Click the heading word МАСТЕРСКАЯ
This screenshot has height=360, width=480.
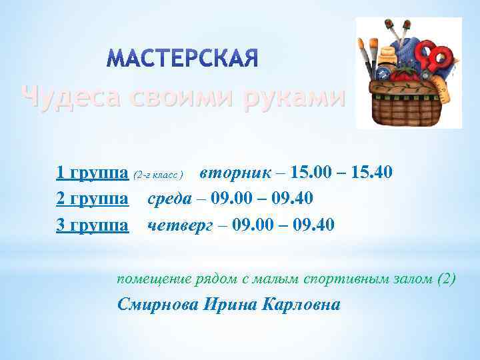click(182, 59)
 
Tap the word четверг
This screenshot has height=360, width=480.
click(179, 225)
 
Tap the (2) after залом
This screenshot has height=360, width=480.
click(446, 279)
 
